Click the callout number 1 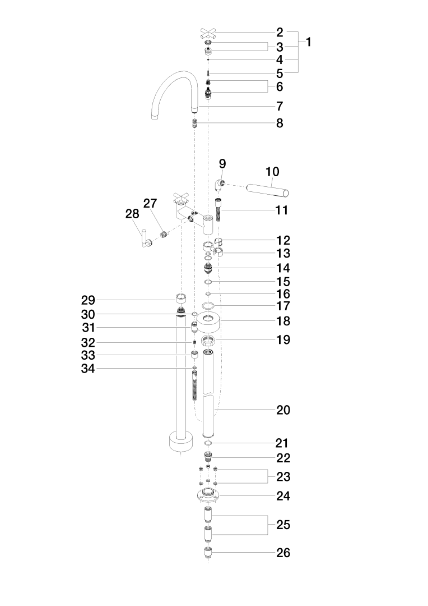pos(308,42)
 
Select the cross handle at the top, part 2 pos(208,33)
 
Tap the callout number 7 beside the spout pos(280,106)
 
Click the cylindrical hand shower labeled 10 pos(267,190)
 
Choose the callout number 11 pos(282,210)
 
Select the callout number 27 pos(150,203)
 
